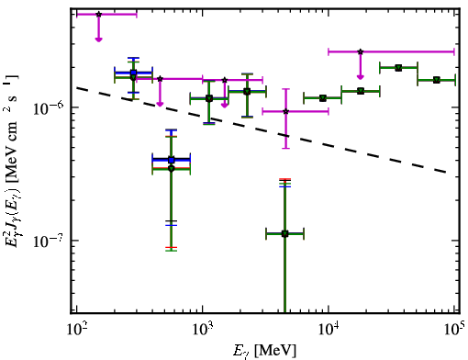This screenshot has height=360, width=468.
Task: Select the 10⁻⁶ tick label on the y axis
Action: [48, 108]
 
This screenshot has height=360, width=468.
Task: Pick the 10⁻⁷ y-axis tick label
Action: [48, 242]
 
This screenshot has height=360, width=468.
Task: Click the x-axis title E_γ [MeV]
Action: [264, 351]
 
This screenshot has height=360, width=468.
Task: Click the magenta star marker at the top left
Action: [98, 15]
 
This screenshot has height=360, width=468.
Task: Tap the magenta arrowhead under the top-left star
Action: [98, 39]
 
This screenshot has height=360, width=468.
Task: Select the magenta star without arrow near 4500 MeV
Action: [286, 111]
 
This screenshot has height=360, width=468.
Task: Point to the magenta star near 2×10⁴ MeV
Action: [361, 51]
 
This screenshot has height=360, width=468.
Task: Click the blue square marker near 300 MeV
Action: [133, 73]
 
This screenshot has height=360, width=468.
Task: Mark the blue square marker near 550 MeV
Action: [172, 160]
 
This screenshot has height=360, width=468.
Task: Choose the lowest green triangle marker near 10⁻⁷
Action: [284, 234]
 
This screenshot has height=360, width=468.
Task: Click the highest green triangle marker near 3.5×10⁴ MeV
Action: [398, 68]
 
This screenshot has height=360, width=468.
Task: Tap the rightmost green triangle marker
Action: [437, 80]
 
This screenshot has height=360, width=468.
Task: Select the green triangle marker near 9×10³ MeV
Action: [322, 98]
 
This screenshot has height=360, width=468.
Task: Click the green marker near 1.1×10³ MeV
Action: [209, 98]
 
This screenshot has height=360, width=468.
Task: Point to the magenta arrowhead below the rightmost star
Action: [361, 76]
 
